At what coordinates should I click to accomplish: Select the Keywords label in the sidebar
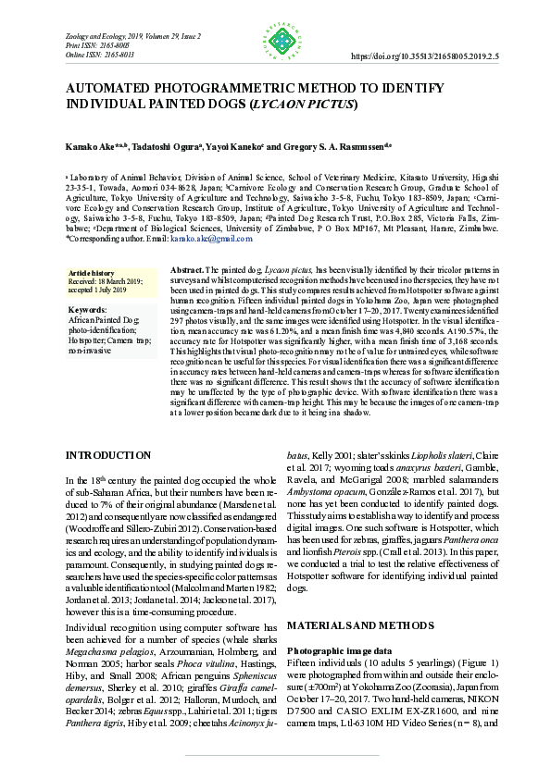click(89, 309)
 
